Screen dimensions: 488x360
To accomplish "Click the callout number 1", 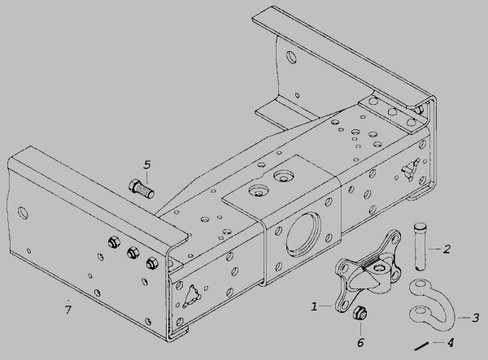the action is (x=314, y=307).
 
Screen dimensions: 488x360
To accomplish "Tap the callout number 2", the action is (x=447, y=249).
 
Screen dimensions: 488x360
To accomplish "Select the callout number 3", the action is (x=476, y=318).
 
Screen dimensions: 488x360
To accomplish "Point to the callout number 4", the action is (x=450, y=343).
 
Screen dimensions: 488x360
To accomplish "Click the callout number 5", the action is (x=147, y=165).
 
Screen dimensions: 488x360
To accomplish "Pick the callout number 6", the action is (x=360, y=343).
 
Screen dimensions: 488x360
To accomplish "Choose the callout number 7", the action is (x=68, y=310).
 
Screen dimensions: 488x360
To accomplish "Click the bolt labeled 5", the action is (x=141, y=189).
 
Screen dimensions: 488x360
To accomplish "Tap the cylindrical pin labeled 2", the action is (x=420, y=246).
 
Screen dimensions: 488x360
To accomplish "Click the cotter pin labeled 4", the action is (x=421, y=346).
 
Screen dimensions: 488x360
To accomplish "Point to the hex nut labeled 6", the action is (x=360, y=312).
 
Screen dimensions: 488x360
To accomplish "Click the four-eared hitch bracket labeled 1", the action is (x=368, y=271).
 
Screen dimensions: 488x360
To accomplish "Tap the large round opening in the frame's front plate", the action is (x=303, y=235).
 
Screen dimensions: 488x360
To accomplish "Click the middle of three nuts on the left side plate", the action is (x=133, y=253).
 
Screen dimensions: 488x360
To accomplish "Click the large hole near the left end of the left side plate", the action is (x=23, y=213).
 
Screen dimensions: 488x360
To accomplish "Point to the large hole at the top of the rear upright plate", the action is (x=292, y=57).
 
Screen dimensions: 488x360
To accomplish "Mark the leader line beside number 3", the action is (x=464, y=318).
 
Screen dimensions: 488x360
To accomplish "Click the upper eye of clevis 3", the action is (x=420, y=284).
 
